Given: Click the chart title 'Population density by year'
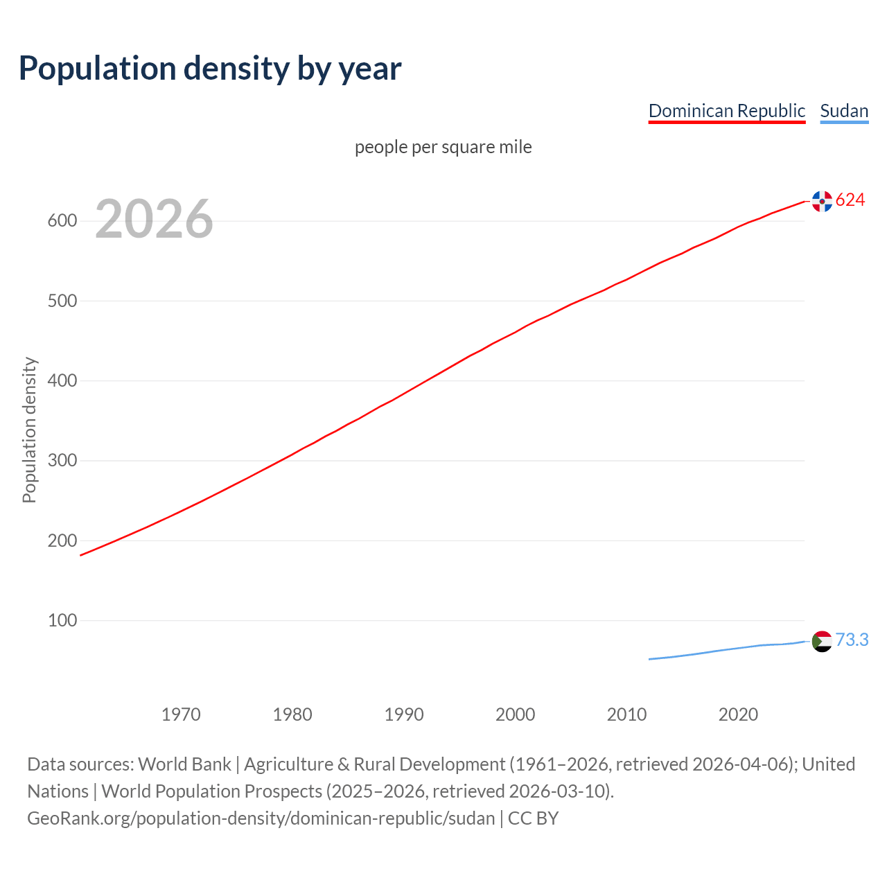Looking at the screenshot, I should click(210, 68).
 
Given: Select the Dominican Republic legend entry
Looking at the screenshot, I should click(726, 111).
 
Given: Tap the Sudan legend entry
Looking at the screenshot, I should click(843, 111).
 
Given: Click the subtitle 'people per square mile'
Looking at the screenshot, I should click(443, 147).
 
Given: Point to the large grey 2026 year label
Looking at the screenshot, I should click(154, 219).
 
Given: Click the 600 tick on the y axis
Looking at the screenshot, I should click(62, 221).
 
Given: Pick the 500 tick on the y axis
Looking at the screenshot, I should click(62, 301).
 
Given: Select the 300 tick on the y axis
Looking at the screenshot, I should click(62, 461).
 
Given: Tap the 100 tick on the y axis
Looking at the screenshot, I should click(62, 620).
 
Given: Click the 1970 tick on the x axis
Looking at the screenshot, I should click(181, 714).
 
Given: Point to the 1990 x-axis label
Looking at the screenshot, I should click(404, 714).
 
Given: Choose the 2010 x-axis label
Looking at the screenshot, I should click(626, 714).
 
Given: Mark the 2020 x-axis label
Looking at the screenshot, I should click(738, 714).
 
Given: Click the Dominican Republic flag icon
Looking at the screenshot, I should click(822, 201).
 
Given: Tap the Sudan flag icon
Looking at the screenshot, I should click(822, 641).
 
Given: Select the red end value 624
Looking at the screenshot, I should click(850, 200).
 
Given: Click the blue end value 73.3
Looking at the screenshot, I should click(852, 640).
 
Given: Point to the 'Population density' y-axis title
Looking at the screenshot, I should click(29, 430).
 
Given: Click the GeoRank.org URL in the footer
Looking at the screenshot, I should click(261, 818).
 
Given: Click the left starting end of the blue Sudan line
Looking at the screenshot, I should click(650, 659).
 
